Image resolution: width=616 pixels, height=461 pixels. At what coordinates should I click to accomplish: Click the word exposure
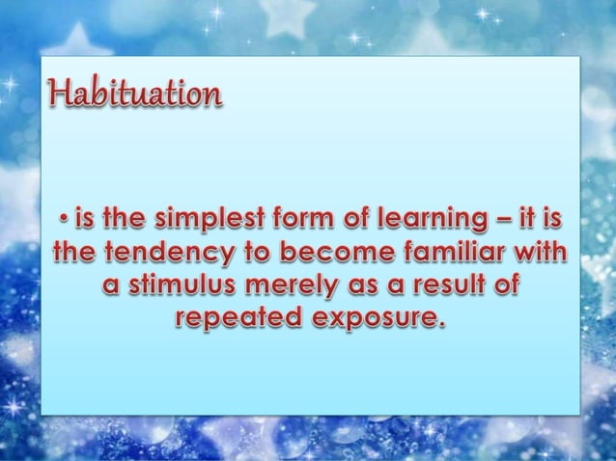click(372, 319)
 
